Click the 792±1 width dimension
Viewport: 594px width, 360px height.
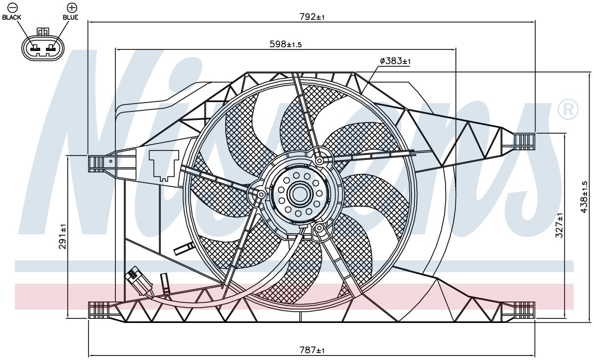pos(312,17)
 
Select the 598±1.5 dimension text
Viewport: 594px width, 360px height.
pos(286,44)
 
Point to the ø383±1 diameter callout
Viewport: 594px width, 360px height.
pos(395,61)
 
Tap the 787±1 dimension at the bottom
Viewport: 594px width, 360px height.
pos(312,350)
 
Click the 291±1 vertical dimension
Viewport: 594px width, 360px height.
pos(63,236)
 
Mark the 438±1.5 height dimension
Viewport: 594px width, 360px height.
pos(584,197)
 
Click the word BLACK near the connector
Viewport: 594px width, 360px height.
pos(11,17)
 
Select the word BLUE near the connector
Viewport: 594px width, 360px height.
pos(70,17)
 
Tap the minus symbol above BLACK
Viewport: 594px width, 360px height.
pos(12,8)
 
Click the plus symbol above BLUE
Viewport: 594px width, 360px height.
pos(71,8)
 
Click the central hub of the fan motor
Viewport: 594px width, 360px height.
pos(299,195)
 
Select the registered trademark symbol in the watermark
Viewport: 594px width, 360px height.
pos(568,110)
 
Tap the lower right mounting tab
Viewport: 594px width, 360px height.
pos(519,310)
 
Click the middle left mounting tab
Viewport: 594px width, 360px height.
pos(102,164)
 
